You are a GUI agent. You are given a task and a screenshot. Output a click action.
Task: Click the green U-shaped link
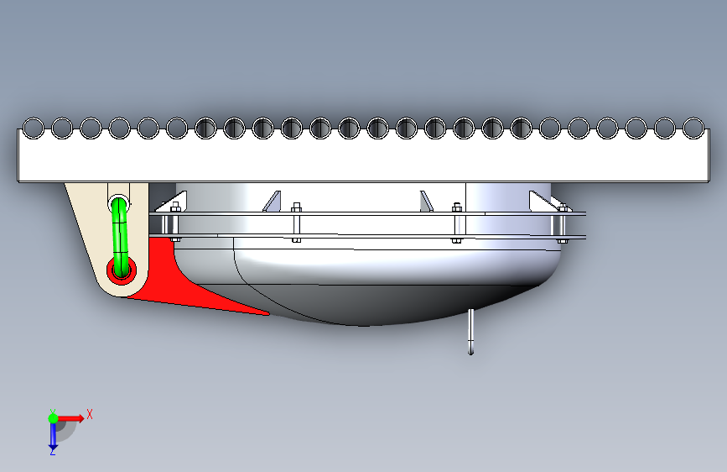pos(120,237)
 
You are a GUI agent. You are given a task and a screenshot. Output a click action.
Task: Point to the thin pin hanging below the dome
pos(470,331)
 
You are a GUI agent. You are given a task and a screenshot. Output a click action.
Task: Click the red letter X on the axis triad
pos(90,414)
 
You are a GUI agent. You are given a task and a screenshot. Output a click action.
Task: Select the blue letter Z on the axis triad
pos(52,451)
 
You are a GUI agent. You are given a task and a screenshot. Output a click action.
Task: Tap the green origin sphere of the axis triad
pos(53,418)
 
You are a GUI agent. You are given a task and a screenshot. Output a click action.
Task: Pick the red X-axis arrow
pos(70,418)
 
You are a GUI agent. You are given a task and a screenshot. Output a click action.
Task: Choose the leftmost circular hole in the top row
pos(34,128)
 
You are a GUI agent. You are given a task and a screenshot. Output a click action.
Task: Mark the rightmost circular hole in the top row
pos(693,128)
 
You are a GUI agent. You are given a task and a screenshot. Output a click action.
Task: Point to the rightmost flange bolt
pos(563,223)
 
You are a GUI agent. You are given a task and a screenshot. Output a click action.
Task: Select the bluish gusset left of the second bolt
pos(273,202)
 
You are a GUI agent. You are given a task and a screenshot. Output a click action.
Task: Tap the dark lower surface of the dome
pos(394,304)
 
